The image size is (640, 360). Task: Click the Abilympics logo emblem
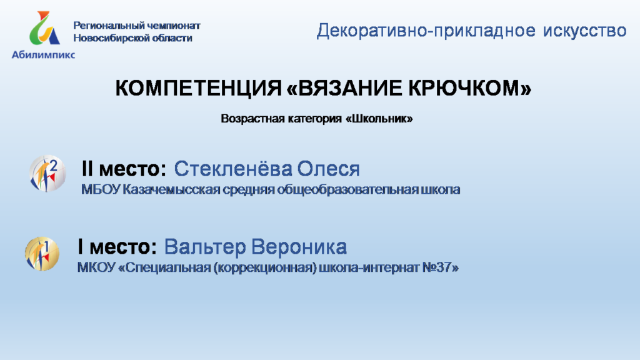(44, 27)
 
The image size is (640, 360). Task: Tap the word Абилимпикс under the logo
(43, 55)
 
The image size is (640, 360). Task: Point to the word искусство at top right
(584, 31)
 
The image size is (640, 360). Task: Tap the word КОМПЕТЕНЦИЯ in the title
(198, 87)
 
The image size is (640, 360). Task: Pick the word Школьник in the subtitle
(379, 119)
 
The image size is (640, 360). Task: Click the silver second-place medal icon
(47, 173)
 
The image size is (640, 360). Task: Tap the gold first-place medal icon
(42, 254)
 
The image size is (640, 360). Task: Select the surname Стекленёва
(233, 169)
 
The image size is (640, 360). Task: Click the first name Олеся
(328, 169)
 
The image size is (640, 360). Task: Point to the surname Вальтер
(205, 247)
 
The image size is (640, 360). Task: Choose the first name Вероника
(299, 247)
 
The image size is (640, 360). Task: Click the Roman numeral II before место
(87, 169)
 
